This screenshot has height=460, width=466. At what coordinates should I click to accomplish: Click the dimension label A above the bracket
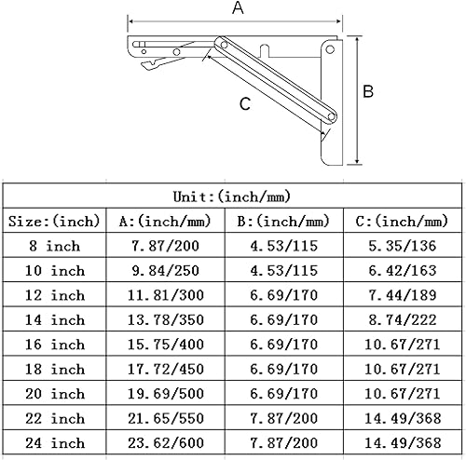click(238, 9)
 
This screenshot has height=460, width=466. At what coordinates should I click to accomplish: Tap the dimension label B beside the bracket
click(368, 91)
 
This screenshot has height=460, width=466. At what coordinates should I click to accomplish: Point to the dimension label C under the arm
click(244, 104)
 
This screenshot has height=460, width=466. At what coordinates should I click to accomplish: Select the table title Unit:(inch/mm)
click(232, 196)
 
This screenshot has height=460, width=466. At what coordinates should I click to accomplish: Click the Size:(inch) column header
click(52, 222)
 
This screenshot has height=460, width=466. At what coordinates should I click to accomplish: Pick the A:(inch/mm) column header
click(166, 222)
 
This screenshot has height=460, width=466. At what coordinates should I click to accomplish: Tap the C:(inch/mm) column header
click(403, 222)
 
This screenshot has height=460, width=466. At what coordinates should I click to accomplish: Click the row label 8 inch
click(52, 246)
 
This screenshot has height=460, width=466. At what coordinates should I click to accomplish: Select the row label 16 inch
click(52, 344)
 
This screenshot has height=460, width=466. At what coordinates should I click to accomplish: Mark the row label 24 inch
click(52, 441)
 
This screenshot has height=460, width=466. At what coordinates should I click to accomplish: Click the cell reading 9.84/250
click(166, 270)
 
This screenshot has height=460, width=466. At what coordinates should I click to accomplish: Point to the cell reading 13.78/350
click(166, 319)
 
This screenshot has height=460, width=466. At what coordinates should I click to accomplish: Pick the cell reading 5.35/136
click(403, 246)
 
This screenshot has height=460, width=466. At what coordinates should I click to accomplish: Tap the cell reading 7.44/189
click(403, 295)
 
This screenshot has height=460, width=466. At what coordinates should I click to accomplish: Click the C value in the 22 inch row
click(403, 417)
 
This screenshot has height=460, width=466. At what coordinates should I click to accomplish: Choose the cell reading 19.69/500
click(166, 393)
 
